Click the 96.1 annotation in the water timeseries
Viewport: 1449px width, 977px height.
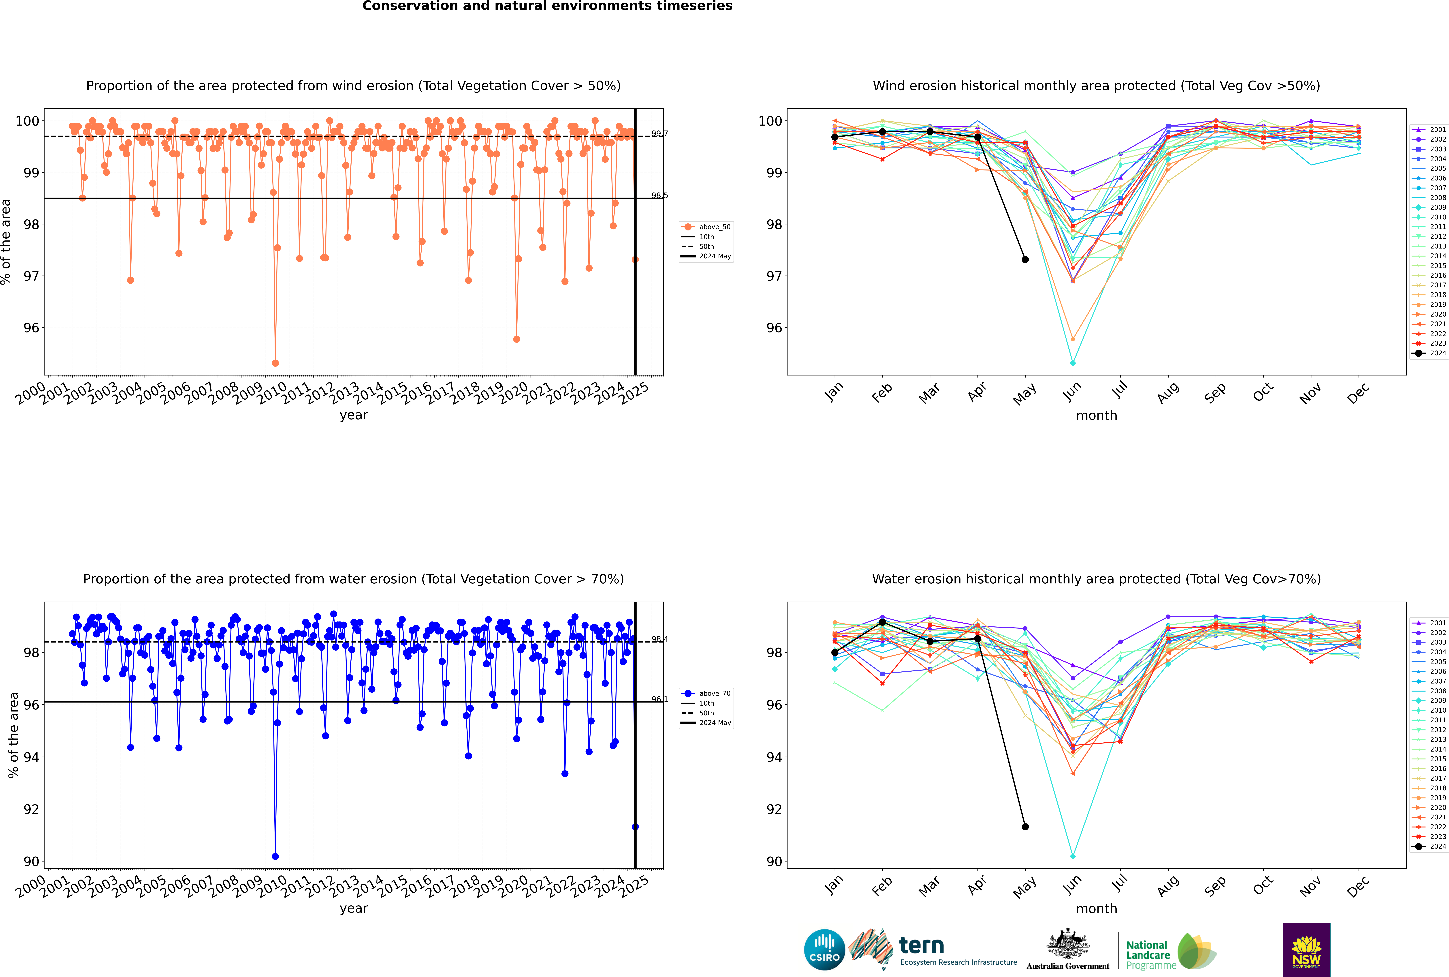[x=659, y=699]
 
